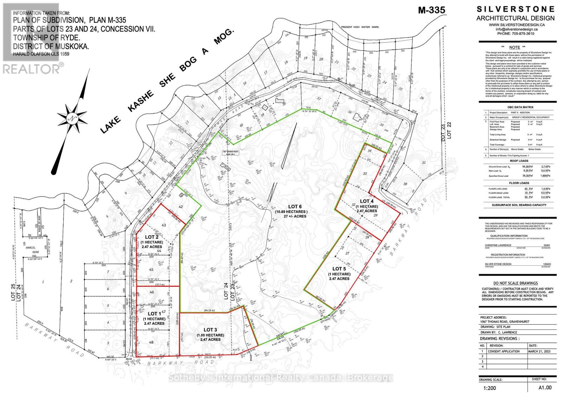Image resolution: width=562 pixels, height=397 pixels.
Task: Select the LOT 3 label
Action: coord(210,330)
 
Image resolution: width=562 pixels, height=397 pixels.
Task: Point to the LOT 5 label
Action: coord(339,269)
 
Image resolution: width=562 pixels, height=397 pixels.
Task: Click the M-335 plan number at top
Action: coord(431,10)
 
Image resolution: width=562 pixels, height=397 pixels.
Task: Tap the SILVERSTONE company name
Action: coord(515,9)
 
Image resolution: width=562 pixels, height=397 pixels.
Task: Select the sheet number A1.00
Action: coord(545,388)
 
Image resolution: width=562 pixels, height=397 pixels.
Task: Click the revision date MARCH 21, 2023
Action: coord(539,351)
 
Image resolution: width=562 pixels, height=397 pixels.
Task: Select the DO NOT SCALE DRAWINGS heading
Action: coord(515,283)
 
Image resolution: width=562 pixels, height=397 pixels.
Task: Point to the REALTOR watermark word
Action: coord(32,69)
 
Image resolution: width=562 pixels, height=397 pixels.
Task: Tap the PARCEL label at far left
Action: coord(31,247)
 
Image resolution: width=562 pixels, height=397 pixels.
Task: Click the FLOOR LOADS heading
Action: coord(519,183)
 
